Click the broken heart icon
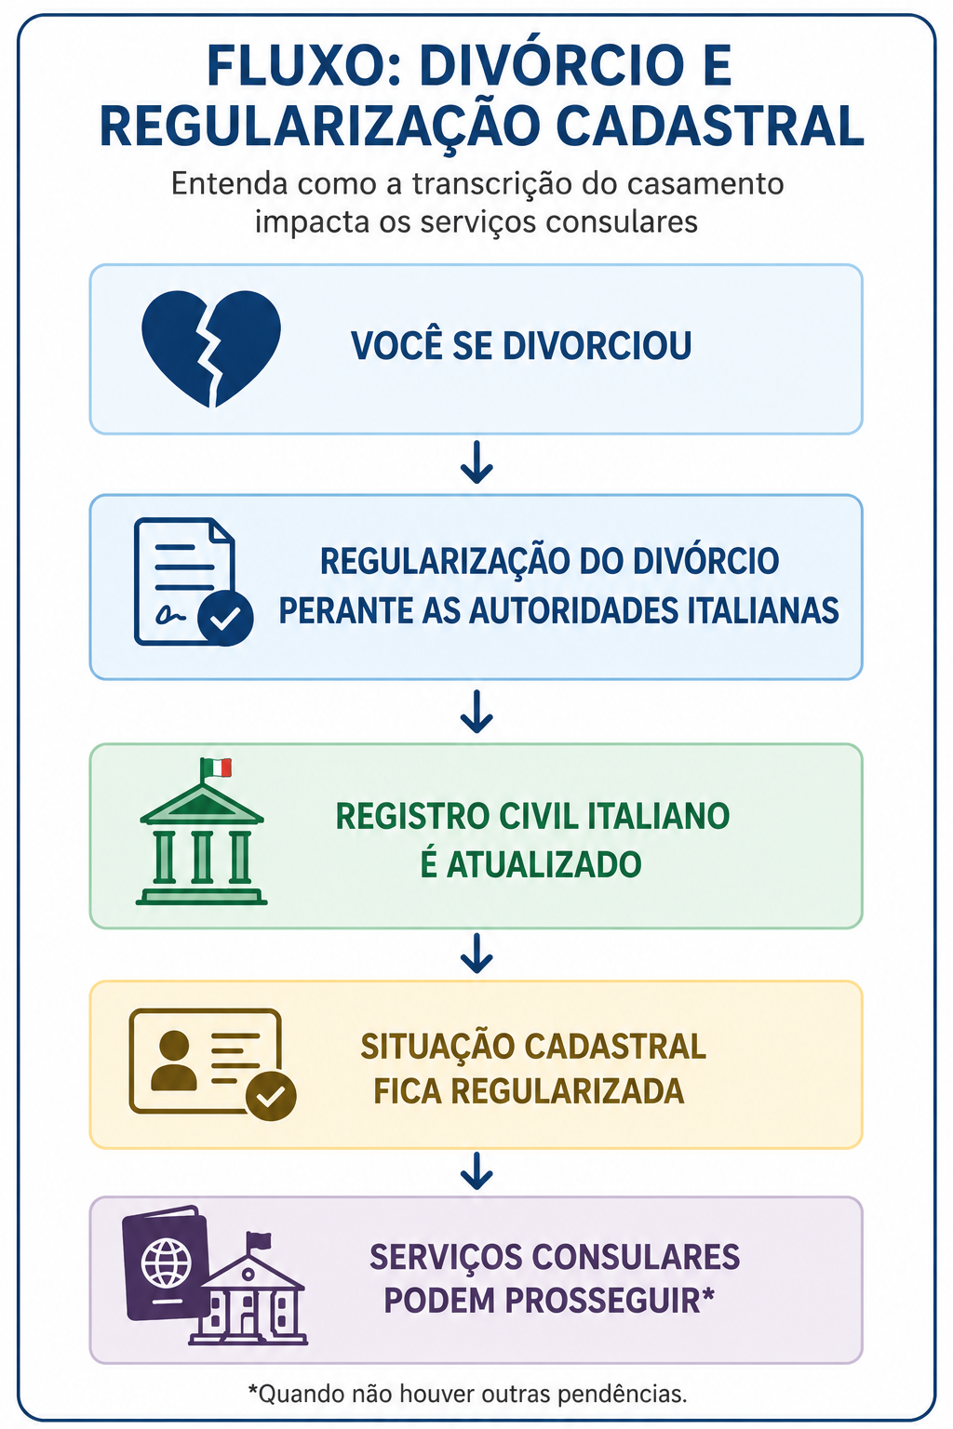[x=210, y=348]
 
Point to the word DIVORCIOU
[x=597, y=346]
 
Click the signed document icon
[x=193, y=581]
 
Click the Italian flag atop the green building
[x=216, y=768]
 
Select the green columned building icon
[x=201, y=831]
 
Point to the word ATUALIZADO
[x=544, y=864]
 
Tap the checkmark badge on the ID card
[x=271, y=1096]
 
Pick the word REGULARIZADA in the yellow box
[x=568, y=1090]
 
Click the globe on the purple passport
[x=167, y=1262]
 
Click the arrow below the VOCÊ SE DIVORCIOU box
[x=476, y=461]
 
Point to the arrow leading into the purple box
[x=476, y=1170]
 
